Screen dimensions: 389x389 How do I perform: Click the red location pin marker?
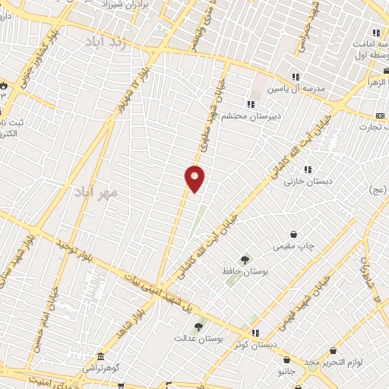195,179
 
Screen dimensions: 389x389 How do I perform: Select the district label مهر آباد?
96,192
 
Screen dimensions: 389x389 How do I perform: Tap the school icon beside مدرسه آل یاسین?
295,77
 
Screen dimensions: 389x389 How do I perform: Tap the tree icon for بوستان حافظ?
245,260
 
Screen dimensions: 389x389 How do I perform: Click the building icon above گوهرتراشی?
100,357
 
